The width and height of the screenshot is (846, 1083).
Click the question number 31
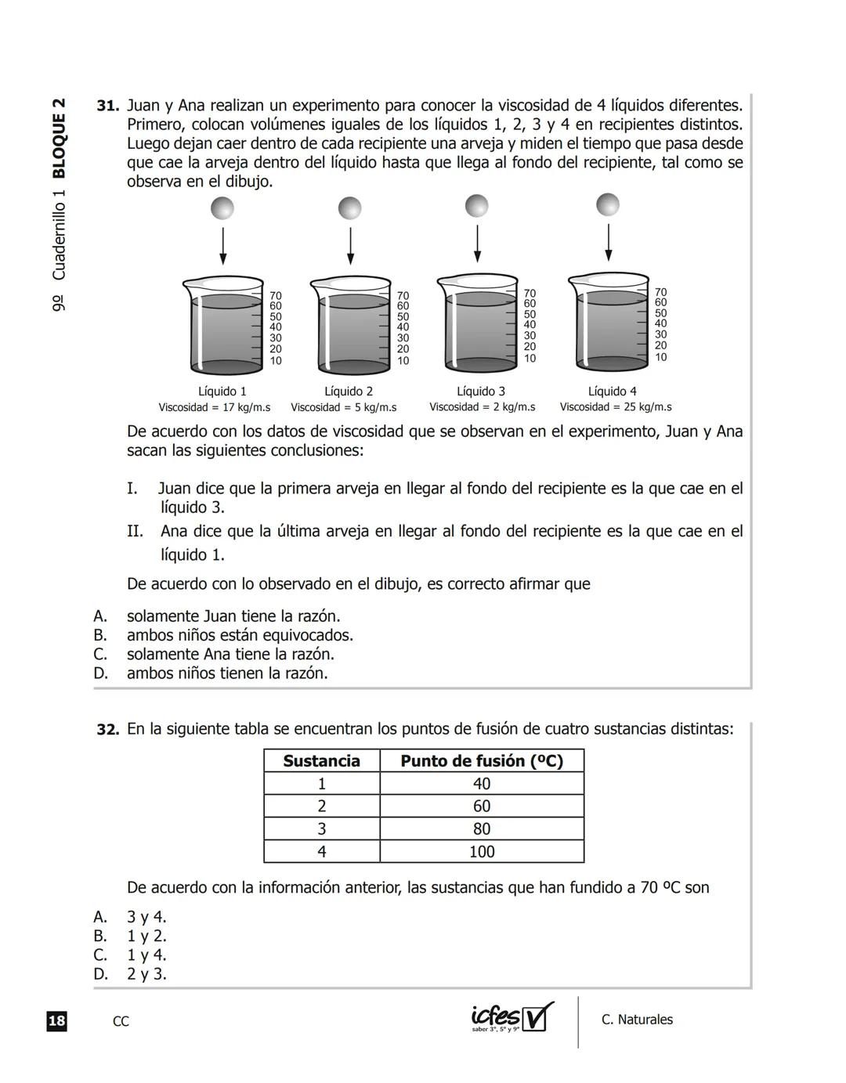[x=107, y=106]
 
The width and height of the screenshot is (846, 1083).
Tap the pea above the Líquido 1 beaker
[x=222, y=208]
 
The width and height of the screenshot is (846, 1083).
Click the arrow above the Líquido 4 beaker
[x=608, y=242]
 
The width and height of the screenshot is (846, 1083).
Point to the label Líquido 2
[x=349, y=391]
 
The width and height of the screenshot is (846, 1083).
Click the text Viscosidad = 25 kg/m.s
[x=616, y=407]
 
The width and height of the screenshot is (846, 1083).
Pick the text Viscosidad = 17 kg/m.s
[x=215, y=407]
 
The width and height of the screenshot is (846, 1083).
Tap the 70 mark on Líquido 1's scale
[x=276, y=295]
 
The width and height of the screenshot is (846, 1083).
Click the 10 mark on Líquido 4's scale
[x=661, y=357]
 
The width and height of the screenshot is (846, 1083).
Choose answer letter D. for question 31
[x=100, y=673]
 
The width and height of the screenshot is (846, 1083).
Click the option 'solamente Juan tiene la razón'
[x=233, y=616]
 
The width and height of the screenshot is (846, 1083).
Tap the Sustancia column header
[x=321, y=761]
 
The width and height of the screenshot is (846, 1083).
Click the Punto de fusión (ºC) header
[x=482, y=761]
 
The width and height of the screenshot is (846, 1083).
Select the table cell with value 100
[x=482, y=851]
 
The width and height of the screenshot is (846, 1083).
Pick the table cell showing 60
[x=482, y=807]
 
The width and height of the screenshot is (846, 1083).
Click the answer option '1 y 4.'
[x=146, y=955]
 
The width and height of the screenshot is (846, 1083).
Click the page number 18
[x=56, y=1021]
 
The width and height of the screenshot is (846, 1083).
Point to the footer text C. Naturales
[x=637, y=1020]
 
